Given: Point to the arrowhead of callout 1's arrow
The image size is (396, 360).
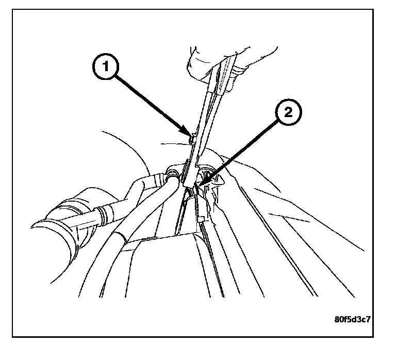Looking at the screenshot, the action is [x=188, y=136].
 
